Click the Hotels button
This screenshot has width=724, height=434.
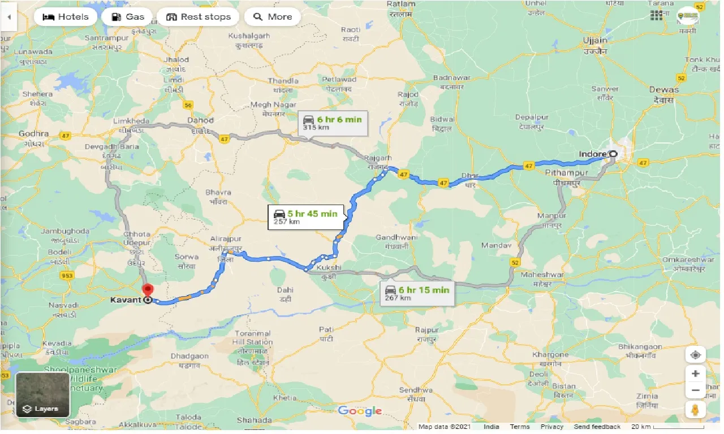[65, 17]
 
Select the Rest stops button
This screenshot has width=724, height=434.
[198, 17]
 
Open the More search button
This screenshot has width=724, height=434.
[272, 17]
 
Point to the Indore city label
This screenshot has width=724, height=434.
[592, 154]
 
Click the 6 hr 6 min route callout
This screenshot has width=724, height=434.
[333, 122]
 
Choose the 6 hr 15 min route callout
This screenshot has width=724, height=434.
[417, 293]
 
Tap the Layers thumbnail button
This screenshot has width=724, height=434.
[42, 394]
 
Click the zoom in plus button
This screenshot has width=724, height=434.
[695, 374]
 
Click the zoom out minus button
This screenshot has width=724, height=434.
[695, 390]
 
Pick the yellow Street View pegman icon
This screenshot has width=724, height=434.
[695, 410]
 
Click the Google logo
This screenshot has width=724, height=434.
[360, 411]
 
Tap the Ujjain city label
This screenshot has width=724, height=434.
[596, 41]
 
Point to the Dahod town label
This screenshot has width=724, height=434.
[201, 120]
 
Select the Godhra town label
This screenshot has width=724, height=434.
[34, 134]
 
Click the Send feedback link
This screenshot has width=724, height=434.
[597, 427]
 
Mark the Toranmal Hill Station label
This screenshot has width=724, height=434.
[252, 337]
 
